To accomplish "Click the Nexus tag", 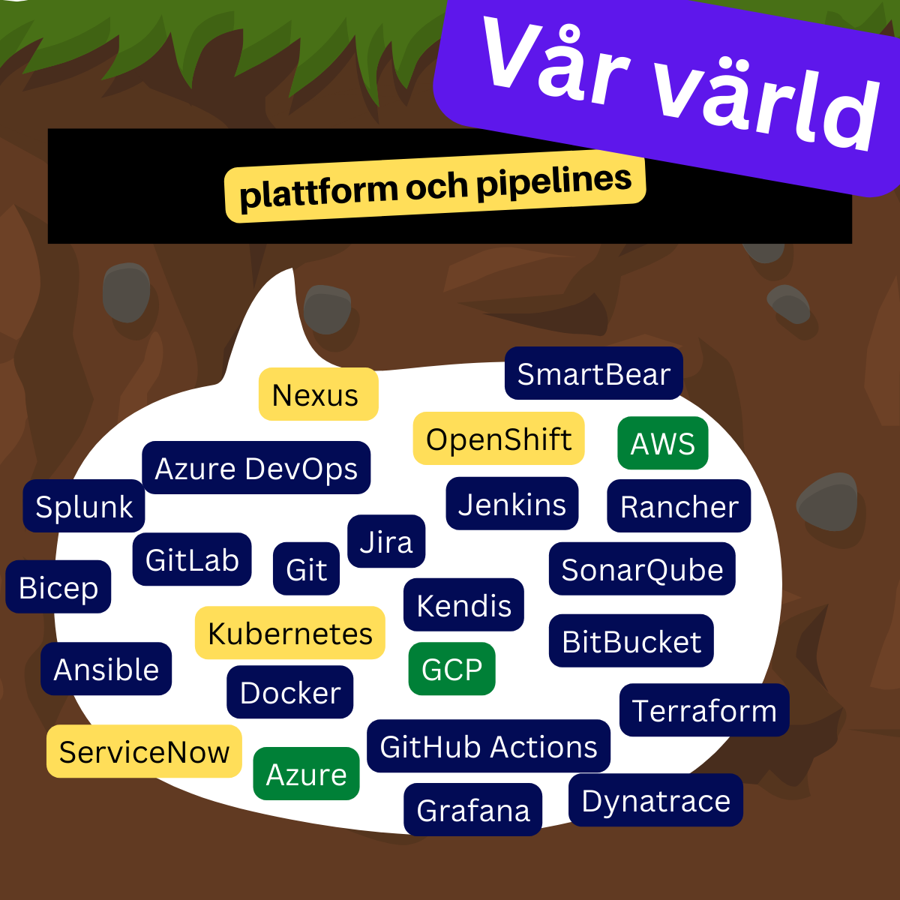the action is tap(318, 394).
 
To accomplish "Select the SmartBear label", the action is tap(593, 373).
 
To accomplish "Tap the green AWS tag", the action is tap(663, 443).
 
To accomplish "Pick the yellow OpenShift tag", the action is tap(499, 439).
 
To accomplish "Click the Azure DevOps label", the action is tap(256, 468).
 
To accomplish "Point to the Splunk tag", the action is tap(84, 506).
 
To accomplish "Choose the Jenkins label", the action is tap(512, 504).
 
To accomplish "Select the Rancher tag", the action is tap(679, 506).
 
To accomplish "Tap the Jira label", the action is tap(386, 541).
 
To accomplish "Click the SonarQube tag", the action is tap(642, 569).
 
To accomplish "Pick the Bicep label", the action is tap(58, 587).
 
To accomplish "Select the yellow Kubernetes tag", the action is tap(290, 633).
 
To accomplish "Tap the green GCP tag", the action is tap(451, 669).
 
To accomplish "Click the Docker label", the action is tap(290, 692).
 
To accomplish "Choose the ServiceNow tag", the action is tap(144, 751).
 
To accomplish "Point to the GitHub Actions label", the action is tap(488, 746).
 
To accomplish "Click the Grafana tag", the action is tap(473, 810).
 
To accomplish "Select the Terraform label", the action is tap(704, 710).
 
